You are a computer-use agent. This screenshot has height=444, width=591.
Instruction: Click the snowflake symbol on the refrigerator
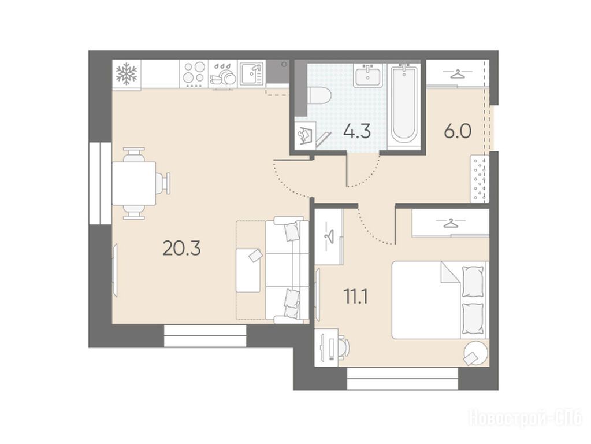(x=127, y=73)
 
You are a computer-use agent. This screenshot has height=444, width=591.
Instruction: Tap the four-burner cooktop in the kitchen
(x=194, y=74)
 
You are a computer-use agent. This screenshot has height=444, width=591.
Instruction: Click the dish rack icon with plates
(x=223, y=74)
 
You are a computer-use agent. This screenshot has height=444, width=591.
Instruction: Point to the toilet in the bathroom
(x=319, y=95)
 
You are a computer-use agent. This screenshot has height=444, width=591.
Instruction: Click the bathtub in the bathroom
(x=404, y=103)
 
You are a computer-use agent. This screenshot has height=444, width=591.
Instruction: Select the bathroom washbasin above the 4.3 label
(x=367, y=75)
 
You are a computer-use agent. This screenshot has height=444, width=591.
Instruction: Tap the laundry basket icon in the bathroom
(x=305, y=135)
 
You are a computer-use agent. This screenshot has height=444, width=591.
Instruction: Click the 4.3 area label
(x=357, y=132)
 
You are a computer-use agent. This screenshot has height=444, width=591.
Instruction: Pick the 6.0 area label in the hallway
(x=458, y=132)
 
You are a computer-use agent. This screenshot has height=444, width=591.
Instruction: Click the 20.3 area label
(x=181, y=249)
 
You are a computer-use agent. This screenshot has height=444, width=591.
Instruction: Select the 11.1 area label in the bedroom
(x=356, y=297)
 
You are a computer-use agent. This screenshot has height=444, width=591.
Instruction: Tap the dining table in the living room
(x=134, y=183)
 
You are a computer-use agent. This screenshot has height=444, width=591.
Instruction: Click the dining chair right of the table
(x=163, y=183)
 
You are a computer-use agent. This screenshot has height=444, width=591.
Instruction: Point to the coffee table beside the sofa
(x=248, y=270)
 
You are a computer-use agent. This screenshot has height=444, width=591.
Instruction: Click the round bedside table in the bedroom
(x=475, y=353)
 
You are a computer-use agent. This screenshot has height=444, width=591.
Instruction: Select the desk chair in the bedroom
(x=343, y=347)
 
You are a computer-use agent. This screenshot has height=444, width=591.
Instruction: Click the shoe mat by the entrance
(x=480, y=179)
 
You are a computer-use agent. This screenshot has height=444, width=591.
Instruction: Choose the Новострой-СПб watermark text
(x=525, y=419)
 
